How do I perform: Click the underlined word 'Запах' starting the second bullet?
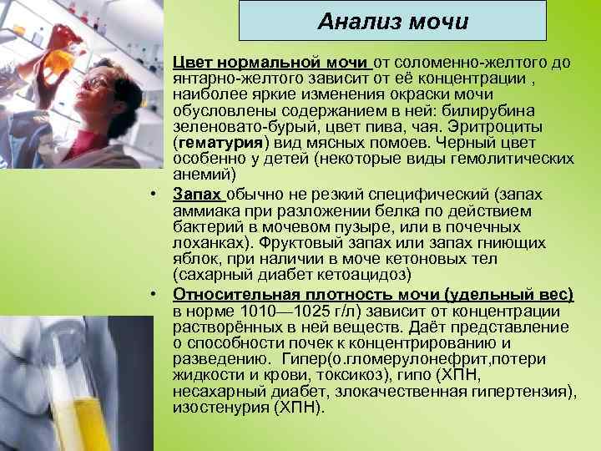[197, 195]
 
